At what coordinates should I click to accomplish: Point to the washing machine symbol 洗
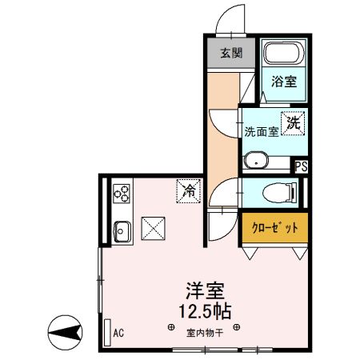coord(294,123)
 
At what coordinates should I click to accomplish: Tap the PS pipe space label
coord(301,166)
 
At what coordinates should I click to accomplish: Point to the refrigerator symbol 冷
coord(190,191)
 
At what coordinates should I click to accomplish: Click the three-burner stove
coord(122,193)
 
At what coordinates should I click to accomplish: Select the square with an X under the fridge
coord(153,228)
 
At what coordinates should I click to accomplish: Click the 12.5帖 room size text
coord(205,310)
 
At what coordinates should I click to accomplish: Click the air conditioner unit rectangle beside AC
coord(106,331)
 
